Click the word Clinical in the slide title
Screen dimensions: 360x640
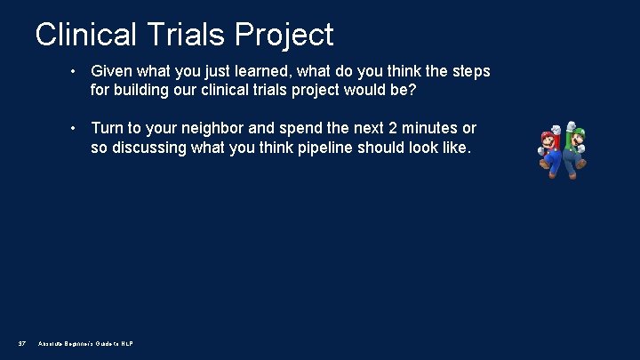click(x=86, y=35)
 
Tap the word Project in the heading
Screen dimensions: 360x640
click(x=285, y=35)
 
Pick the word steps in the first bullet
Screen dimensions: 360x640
click(x=468, y=70)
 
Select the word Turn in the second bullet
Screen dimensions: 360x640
click(x=108, y=129)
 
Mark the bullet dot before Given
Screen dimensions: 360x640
click(x=76, y=71)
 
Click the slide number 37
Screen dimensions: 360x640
click(x=21, y=343)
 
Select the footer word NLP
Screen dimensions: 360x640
click(x=126, y=343)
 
